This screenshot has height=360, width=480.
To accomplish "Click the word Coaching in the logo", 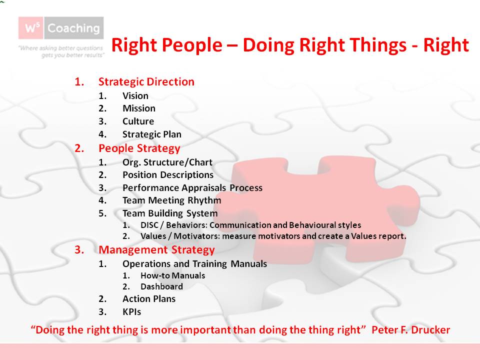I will point(73,28).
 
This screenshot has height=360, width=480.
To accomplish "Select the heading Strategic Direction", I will point(146,82).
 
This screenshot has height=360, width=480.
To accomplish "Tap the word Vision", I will point(135,95).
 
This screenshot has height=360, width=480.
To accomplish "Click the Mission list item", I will point(138,108).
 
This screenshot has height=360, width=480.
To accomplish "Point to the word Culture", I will point(138,121).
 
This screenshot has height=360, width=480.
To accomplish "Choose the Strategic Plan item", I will point(151,134).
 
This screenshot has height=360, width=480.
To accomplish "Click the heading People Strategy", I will point(139,148).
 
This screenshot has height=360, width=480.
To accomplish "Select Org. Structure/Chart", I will point(167,162).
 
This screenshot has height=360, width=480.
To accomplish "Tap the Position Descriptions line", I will point(167,175).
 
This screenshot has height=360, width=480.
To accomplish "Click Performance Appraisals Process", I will point(192,188).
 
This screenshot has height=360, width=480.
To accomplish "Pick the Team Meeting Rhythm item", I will point(171,200).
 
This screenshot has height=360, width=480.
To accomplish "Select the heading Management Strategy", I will point(156,250).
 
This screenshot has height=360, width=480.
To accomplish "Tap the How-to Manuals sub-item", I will point(172,275).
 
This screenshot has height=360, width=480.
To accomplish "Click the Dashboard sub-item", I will point(161,286).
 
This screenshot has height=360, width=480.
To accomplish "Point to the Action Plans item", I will point(148,299).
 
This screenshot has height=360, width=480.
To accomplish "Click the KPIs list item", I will point(131,312).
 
